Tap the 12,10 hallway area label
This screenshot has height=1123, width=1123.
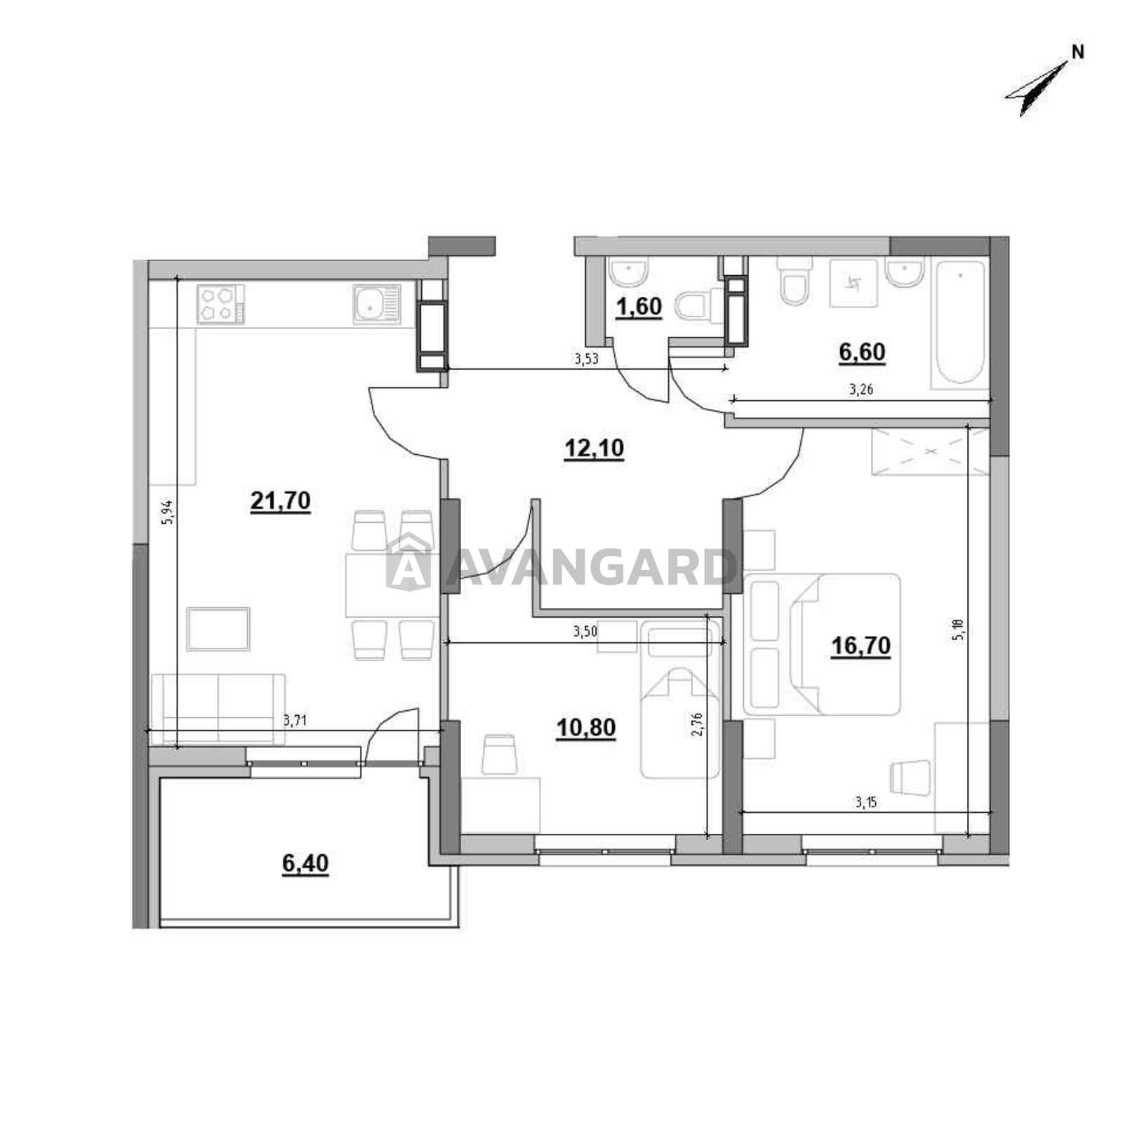594,448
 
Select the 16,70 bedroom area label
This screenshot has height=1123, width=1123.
860,645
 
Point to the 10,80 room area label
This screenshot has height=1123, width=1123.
586,728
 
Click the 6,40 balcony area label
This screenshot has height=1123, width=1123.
305,863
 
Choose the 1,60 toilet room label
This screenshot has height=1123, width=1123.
639,308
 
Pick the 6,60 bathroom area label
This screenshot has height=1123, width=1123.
862,352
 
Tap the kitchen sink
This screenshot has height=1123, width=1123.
377,304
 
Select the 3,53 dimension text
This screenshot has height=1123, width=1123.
586,359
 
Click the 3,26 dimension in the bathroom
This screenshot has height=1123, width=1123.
861,390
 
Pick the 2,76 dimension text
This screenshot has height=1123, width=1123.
697,723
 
